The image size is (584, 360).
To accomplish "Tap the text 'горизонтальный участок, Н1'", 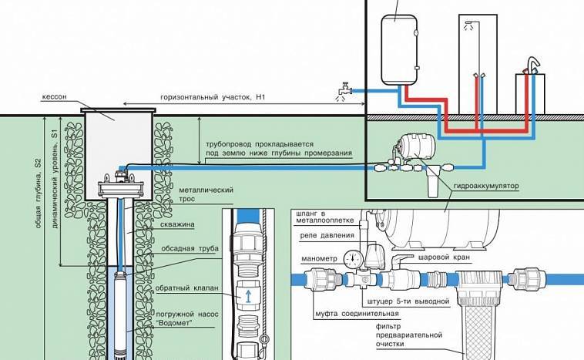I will [213, 99].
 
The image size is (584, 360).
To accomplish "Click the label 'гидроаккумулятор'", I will [488, 187].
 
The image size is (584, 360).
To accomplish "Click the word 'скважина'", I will [188, 224].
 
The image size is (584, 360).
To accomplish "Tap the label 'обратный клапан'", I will [187, 288].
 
